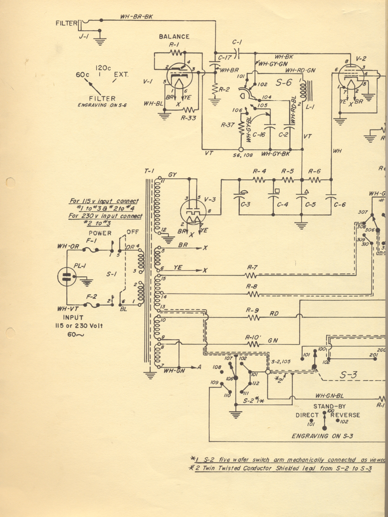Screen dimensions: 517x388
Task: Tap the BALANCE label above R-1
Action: (174, 36)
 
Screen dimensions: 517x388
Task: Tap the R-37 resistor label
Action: (227, 126)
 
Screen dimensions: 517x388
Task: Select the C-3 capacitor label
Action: (245, 204)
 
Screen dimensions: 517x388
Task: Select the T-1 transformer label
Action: (149, 171)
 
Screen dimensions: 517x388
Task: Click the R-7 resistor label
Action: (252, 267)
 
